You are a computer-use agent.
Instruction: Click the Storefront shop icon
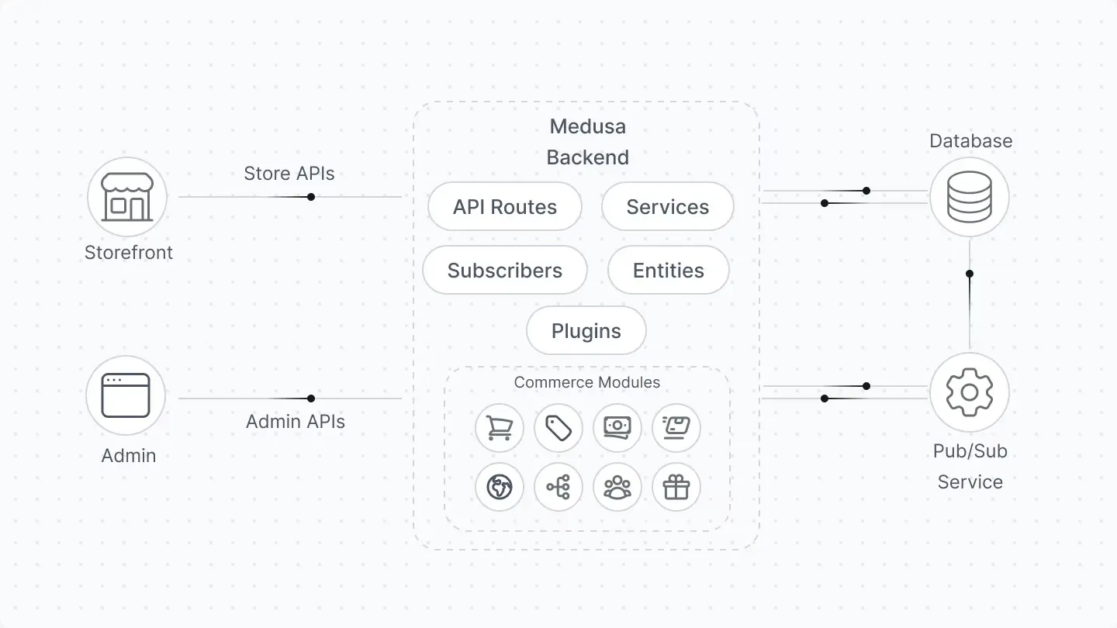click(127, 197)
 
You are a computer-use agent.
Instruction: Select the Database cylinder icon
click(970, 197)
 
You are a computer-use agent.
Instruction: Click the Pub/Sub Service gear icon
click(970, 392)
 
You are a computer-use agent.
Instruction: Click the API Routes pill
click(505, 207)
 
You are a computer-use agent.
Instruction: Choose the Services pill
click(667, 207)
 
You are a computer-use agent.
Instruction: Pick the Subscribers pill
click(505, 271)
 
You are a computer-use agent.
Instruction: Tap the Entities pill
click(668, 271)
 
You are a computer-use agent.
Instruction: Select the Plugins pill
click(586, 331)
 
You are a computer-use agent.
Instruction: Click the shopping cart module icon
click(500, 428)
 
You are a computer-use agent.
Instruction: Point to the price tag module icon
click(558, 428)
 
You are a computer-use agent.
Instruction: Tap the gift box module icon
click(676, 488)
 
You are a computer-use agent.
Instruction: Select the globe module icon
click(500, 488)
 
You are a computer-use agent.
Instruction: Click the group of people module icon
click(617, 488)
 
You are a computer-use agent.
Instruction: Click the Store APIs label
click(289, 173)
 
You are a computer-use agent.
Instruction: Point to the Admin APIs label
click(296, 422)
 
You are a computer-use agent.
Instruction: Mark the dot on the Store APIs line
click(311, 197)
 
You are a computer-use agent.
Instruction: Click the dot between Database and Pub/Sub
click(970, 274)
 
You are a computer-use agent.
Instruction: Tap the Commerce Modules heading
click(586, 382)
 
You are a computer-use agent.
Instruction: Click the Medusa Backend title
click(587, 142)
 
